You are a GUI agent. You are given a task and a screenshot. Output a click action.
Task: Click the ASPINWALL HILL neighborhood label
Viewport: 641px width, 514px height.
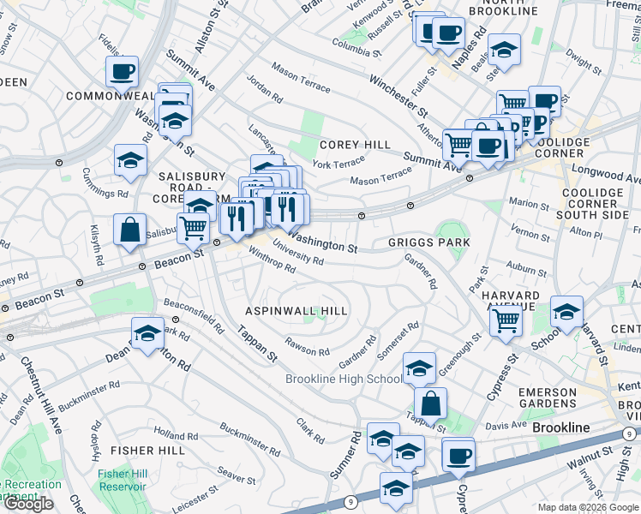click(x=297, y=311)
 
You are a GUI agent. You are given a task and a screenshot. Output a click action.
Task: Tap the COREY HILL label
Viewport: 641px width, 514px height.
click(x=355, y=146)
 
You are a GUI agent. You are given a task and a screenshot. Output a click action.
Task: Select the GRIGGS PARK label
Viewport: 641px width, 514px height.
click(x=429, y=243)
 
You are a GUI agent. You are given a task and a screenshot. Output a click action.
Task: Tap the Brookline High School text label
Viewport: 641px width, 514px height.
click(x=343, y=379)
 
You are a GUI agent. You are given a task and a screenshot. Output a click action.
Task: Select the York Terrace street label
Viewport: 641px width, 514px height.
click(x=338, y=164)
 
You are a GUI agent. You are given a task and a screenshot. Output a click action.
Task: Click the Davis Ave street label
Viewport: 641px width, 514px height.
click(x=506, y=425)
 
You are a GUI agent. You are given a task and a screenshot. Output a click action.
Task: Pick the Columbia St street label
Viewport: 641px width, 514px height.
click(x=356, y=47)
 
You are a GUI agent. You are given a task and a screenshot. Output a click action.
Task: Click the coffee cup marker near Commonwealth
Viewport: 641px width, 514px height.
click(x=122, y=71)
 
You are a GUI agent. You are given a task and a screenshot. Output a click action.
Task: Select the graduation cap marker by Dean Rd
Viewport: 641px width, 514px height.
click(x=147, y=333)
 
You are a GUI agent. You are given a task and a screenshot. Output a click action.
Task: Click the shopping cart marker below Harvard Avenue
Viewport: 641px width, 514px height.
click(x=506, y=321)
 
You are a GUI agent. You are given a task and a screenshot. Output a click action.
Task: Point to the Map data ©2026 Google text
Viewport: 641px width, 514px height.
click(x=587, y=506)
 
